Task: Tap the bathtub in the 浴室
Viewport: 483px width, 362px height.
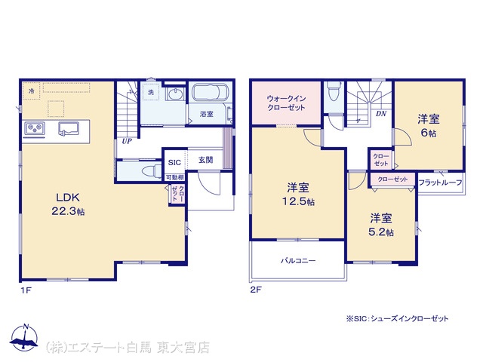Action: coord(211,92)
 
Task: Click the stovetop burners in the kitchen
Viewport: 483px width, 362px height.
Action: coord(35,128)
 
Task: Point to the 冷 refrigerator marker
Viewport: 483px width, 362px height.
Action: coord(32,91)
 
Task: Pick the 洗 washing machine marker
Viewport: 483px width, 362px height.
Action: coord(151,92)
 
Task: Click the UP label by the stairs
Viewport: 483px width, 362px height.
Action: coord(127,141)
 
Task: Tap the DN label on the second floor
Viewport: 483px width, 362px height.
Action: coord(381,114)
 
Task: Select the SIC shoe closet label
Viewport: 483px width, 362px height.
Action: coord(174,163)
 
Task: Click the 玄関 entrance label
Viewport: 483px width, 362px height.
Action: coord(205,160)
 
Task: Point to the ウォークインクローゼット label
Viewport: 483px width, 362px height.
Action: coord(286,103)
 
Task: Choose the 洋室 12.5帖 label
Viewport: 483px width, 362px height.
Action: coord(298,194)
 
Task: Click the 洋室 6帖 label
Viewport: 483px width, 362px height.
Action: coord(429,126)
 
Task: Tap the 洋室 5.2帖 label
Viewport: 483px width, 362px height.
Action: coord(381,225)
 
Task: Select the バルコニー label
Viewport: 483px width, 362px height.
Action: coord(298,261)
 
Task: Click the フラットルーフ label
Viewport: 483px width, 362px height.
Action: coord(440,183)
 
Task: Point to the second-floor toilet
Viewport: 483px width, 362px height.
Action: coord(333,90)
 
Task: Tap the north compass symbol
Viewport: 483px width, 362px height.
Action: coord(24,338)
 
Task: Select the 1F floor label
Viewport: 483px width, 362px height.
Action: coord(26,290)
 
